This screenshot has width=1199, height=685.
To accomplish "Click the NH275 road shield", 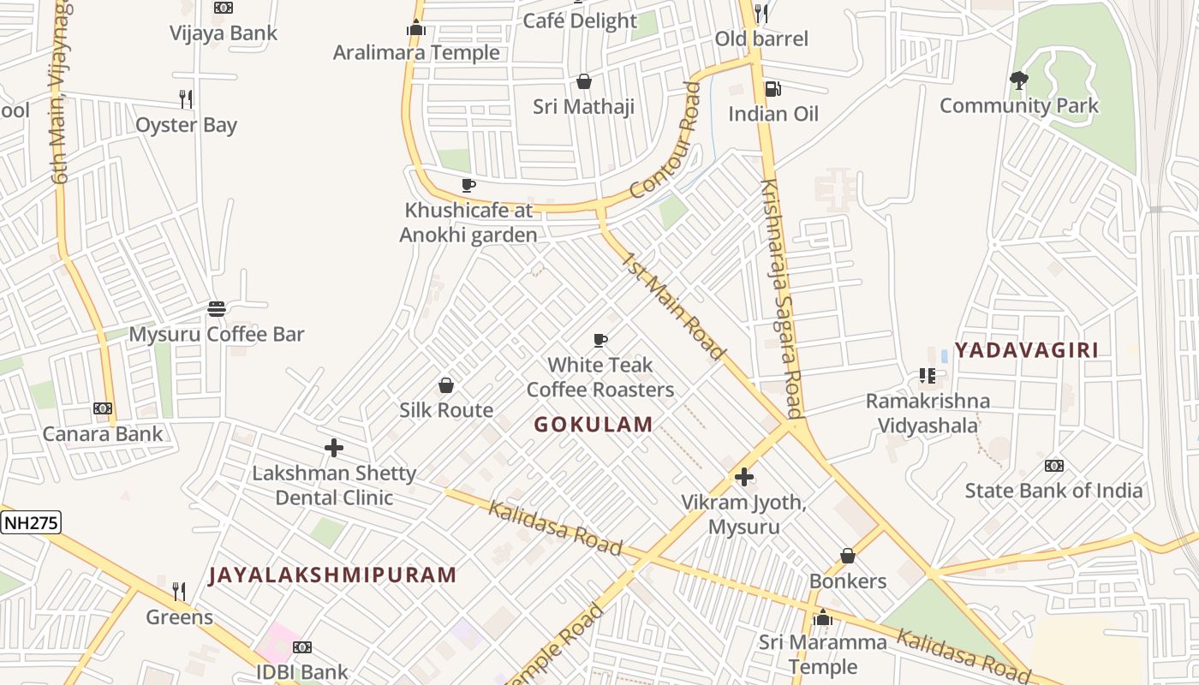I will [x=32, y=522].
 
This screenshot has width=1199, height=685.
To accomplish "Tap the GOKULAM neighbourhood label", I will [x=594, y=424].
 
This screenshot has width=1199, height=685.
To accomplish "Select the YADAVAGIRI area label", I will [x=1026, y=349].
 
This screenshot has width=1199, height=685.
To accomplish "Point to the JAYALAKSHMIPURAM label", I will [x=332, y=575].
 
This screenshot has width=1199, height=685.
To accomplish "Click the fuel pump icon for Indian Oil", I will [x=772, y=89].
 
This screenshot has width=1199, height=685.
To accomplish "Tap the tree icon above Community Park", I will [x=1018, y=80].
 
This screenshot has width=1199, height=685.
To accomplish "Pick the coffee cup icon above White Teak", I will [x=600, y=341].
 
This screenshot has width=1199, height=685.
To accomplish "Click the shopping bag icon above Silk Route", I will [x=446, y=385].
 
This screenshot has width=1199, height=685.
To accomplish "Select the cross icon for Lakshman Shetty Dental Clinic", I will [x=334, y=448].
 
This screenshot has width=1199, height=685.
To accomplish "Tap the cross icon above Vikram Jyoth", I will [x=744, y=477].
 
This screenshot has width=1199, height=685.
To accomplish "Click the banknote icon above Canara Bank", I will [x=103, y=408].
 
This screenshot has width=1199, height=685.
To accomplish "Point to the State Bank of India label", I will [x=1053, y=491].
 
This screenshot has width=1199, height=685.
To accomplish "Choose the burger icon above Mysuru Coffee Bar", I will [x=217, y=308].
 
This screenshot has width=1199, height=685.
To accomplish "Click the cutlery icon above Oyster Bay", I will [x=186, y=99].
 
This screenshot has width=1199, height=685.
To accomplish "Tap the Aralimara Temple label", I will [x=416, y=52].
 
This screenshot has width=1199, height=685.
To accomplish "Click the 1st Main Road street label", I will [x=674, y=306].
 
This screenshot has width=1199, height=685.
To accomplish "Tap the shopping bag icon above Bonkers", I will [x=848, y=557].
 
